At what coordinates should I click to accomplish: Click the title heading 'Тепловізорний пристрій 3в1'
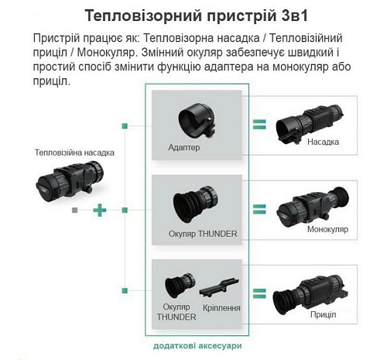197,16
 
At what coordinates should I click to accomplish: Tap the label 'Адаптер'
184,147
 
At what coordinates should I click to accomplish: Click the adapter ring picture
197,121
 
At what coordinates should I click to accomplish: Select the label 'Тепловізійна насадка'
74,153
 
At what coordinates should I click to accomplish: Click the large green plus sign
100,211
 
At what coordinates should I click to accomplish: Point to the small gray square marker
75,211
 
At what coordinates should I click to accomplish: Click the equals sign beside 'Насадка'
259,125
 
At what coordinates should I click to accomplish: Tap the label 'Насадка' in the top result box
323,142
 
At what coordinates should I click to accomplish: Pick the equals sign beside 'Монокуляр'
259,209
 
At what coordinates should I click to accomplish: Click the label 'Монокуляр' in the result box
327,229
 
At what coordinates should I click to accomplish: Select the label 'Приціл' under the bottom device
324,314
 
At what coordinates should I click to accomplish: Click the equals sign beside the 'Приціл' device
259,293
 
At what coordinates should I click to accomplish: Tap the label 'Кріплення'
221,308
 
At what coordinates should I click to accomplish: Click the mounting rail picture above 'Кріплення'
219,287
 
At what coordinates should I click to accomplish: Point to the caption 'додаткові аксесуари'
197,346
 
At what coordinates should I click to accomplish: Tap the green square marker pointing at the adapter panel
125,126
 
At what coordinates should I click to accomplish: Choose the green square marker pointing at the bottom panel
125,291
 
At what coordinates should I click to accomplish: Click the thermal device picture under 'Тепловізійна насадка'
70,180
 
